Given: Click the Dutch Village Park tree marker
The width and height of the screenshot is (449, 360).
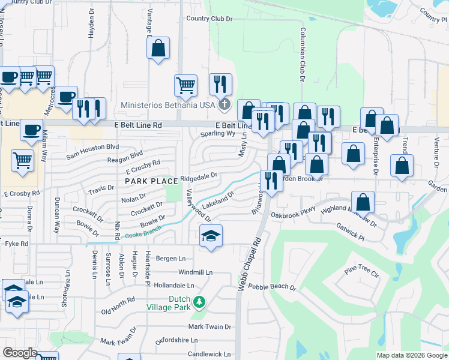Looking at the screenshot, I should (202, 301).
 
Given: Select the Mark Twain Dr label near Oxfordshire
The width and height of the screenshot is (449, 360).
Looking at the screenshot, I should (209, 326).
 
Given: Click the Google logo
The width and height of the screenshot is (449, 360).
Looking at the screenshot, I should (20, 353).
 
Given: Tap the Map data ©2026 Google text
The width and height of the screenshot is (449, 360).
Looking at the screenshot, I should (411, 355).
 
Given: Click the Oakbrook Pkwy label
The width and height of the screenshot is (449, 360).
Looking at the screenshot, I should (293, 214).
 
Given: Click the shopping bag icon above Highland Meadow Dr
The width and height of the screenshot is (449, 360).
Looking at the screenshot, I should (363, 202).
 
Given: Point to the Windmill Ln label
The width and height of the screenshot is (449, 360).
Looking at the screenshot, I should (196, 272).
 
